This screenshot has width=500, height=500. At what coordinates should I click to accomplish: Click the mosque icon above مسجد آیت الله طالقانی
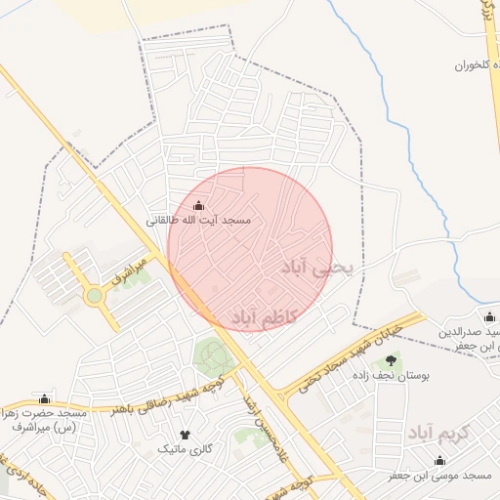200,205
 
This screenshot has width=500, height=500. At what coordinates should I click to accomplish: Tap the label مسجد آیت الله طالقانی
199,221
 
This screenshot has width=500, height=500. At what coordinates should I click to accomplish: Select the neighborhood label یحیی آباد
320,266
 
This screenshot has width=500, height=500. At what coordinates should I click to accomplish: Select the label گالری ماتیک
183,449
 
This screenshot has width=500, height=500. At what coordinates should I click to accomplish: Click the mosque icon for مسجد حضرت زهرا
43,398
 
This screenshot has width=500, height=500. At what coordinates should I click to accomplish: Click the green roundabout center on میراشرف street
94,295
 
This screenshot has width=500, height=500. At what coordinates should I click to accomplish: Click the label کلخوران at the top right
470,66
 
